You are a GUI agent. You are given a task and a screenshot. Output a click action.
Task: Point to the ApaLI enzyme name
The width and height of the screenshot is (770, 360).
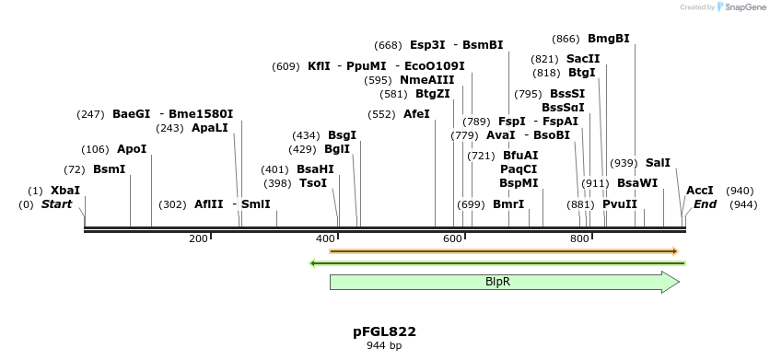[x=209, y=128]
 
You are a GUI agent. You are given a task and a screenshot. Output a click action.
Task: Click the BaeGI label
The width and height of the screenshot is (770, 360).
[x=131, y=114]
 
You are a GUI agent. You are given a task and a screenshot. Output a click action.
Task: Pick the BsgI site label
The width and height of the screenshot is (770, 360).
[x=342, y=135]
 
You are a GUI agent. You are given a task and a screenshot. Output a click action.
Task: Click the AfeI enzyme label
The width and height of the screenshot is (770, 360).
[x=416, y=114]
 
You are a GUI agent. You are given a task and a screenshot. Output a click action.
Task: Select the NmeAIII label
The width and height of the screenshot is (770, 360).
[x=426, y=80]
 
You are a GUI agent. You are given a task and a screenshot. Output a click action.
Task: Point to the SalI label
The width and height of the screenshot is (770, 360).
[x=659, y=163]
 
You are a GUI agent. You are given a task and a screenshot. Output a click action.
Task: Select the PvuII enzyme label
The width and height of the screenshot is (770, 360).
[x=620, y=204]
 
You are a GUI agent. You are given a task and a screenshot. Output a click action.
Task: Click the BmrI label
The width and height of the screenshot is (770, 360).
[x=508, y=204]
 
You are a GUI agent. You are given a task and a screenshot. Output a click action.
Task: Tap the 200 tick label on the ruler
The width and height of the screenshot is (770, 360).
[x=198, y=239]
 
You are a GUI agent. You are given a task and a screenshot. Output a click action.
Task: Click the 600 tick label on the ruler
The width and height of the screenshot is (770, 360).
[x=452, y=239]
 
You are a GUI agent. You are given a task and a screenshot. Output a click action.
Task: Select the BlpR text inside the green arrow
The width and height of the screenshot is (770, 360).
[x=498, y=282]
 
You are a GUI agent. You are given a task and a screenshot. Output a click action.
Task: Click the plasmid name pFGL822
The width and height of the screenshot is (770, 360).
[x=384, y=331]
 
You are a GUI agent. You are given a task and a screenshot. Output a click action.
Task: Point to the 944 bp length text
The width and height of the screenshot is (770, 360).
[x=384, y=346]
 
